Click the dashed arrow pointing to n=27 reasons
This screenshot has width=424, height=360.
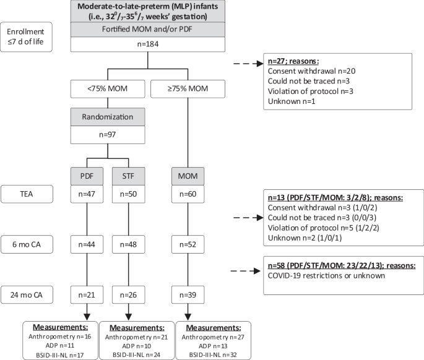coord(246,63)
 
